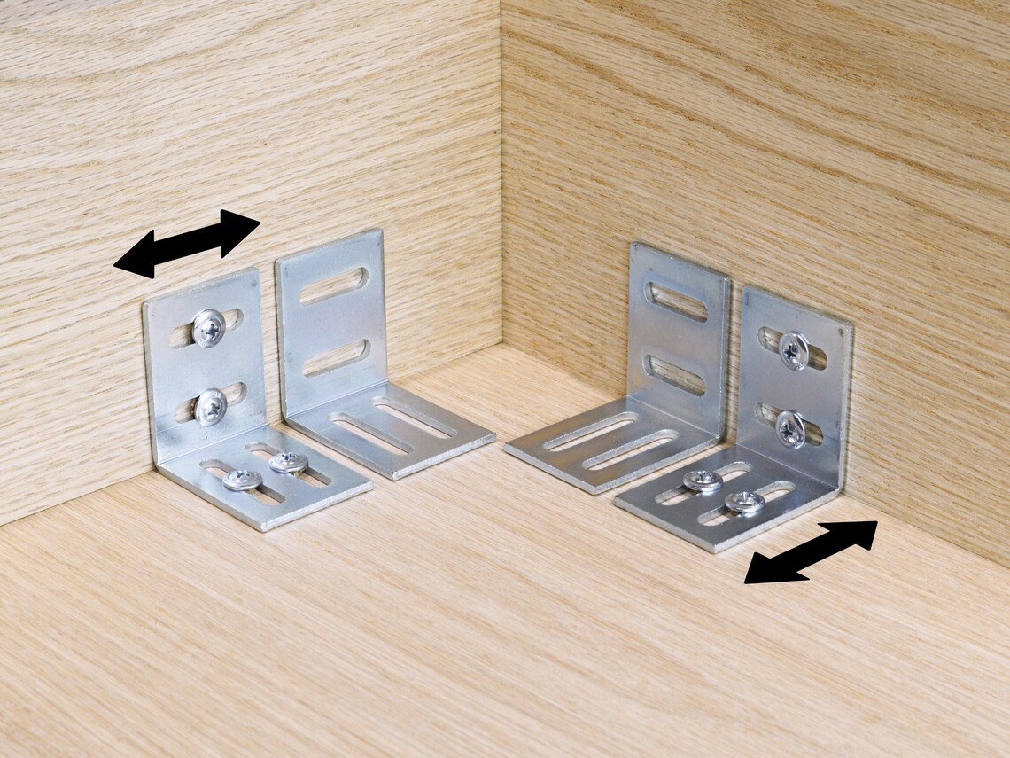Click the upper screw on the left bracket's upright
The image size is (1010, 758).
pyautogui.click(x=209, y=327)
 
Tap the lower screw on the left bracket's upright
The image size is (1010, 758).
pyautogui.click(x=211, y=406)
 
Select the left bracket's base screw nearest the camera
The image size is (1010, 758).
pyautogui.click(x=242, y=480)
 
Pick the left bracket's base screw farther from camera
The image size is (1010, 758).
pyautogui.click(x=289, y=462)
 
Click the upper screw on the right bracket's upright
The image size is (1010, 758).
pyautogui.click(x=793, y=350)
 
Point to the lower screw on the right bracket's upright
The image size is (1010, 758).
pyautogui.click(x=789, y=428)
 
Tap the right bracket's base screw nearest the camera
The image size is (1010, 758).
pyautogui.click(x=744, y=502)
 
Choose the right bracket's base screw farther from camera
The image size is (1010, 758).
pyautogui.click(x=703, y=481)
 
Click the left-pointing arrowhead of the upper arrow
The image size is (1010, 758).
pyautogui.click(x=133, y=257)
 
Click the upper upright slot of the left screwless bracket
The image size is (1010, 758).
pyautogui.click(x=333, y=285)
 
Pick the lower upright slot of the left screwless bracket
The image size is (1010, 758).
pyautogui.click(x=335, y=357)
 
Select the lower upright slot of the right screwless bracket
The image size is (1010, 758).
pyautogui.click(x=676, y=375)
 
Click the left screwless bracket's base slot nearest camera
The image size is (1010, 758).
pyautogui.click(x=370, y=434)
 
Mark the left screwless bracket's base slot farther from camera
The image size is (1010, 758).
pyautogui.click(x=414, y=417)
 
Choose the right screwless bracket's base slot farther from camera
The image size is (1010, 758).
pyautogui.click(x=591, y=432)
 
